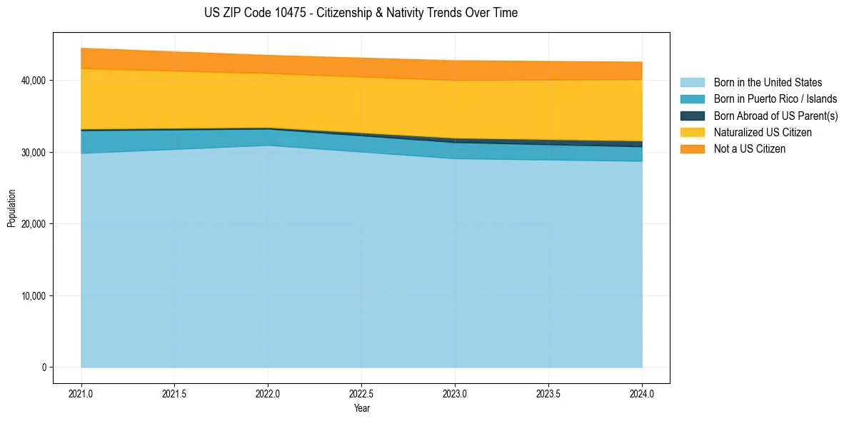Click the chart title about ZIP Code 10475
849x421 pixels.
361,13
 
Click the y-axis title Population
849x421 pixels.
11,208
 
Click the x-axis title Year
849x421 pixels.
361,409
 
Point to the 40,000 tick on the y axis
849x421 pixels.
33,81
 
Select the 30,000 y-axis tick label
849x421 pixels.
33,153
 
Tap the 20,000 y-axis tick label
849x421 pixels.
33,224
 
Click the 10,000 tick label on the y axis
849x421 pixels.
33,296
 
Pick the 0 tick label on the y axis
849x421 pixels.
43,367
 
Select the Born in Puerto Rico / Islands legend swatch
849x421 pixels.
692,99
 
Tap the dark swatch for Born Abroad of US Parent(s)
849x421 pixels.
692,116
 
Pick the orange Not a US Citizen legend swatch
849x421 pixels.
692,149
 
